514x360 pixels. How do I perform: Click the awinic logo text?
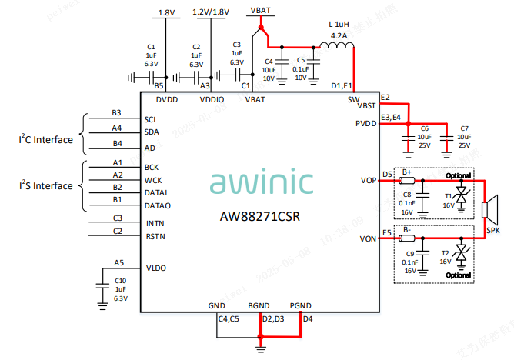point(262,182)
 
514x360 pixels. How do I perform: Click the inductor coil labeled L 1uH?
point(337,48)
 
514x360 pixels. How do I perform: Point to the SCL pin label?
point(151,120)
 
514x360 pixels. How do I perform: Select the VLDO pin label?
point(155,268)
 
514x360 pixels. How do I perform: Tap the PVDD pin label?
point(366,123)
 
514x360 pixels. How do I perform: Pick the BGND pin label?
point(259,305)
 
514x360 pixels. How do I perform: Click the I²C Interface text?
point(46,140)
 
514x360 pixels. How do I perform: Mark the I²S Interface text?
point(46,186)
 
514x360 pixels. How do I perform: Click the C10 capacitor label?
point(120,281)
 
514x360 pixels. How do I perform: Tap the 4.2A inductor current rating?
point(338,35)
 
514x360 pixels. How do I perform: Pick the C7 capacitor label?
point(464,128)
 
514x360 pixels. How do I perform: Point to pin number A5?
point(118,262)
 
